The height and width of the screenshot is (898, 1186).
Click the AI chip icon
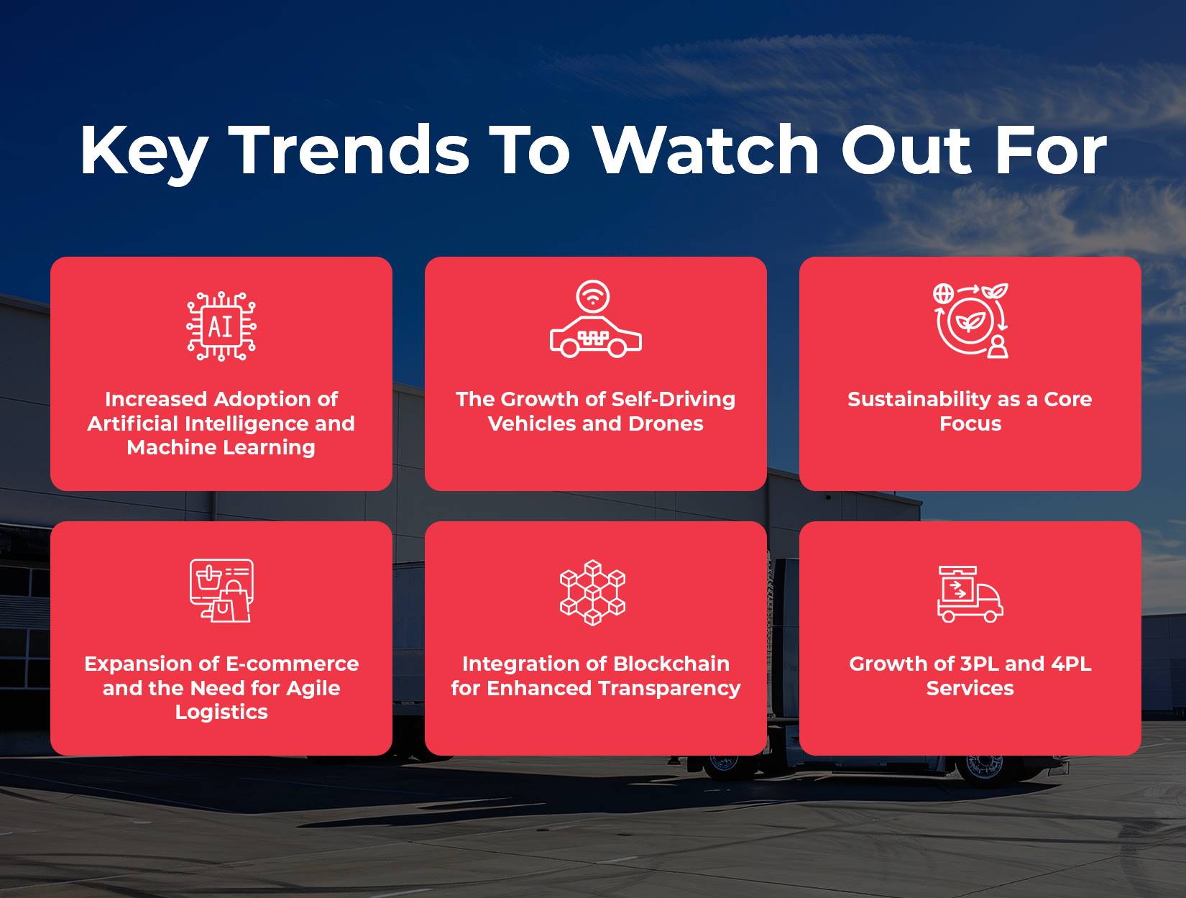pyautogui.click(x=221, y=326)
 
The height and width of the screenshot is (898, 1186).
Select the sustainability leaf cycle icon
pyautogui.click(x=970, y=321)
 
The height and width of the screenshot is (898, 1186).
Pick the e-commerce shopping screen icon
pyautogui.click(x=221, y=590)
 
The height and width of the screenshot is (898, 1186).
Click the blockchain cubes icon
pyautogui.click(x=593, y=592)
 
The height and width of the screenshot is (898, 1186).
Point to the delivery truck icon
pyautogui.click(x=970, y=594)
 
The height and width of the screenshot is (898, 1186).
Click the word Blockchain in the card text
pyautogui.click(x=671, y=664)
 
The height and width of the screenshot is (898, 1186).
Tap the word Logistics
pyautogui.click(x=221, y=713)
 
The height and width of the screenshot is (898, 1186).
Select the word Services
pyautogui.click(x=970, y=688)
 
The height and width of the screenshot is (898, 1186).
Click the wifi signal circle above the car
pyautogui.click(x=593, y=296)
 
